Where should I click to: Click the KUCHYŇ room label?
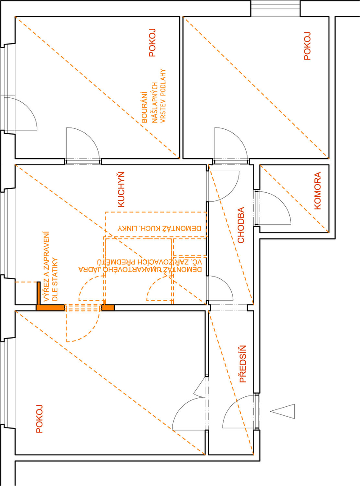coord(121,189)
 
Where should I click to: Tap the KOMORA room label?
coord(318,191)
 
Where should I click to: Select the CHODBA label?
coord(241,225)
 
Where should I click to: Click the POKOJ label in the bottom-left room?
coord(39,419)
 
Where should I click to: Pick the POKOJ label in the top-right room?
coord(307,46)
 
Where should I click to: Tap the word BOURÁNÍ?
coord(144,107)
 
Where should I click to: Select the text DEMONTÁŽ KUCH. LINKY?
coord(159,228)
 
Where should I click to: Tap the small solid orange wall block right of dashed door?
coord(108,308)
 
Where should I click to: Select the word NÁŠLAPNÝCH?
coord(154,103)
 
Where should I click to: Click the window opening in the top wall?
coord(275,9)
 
